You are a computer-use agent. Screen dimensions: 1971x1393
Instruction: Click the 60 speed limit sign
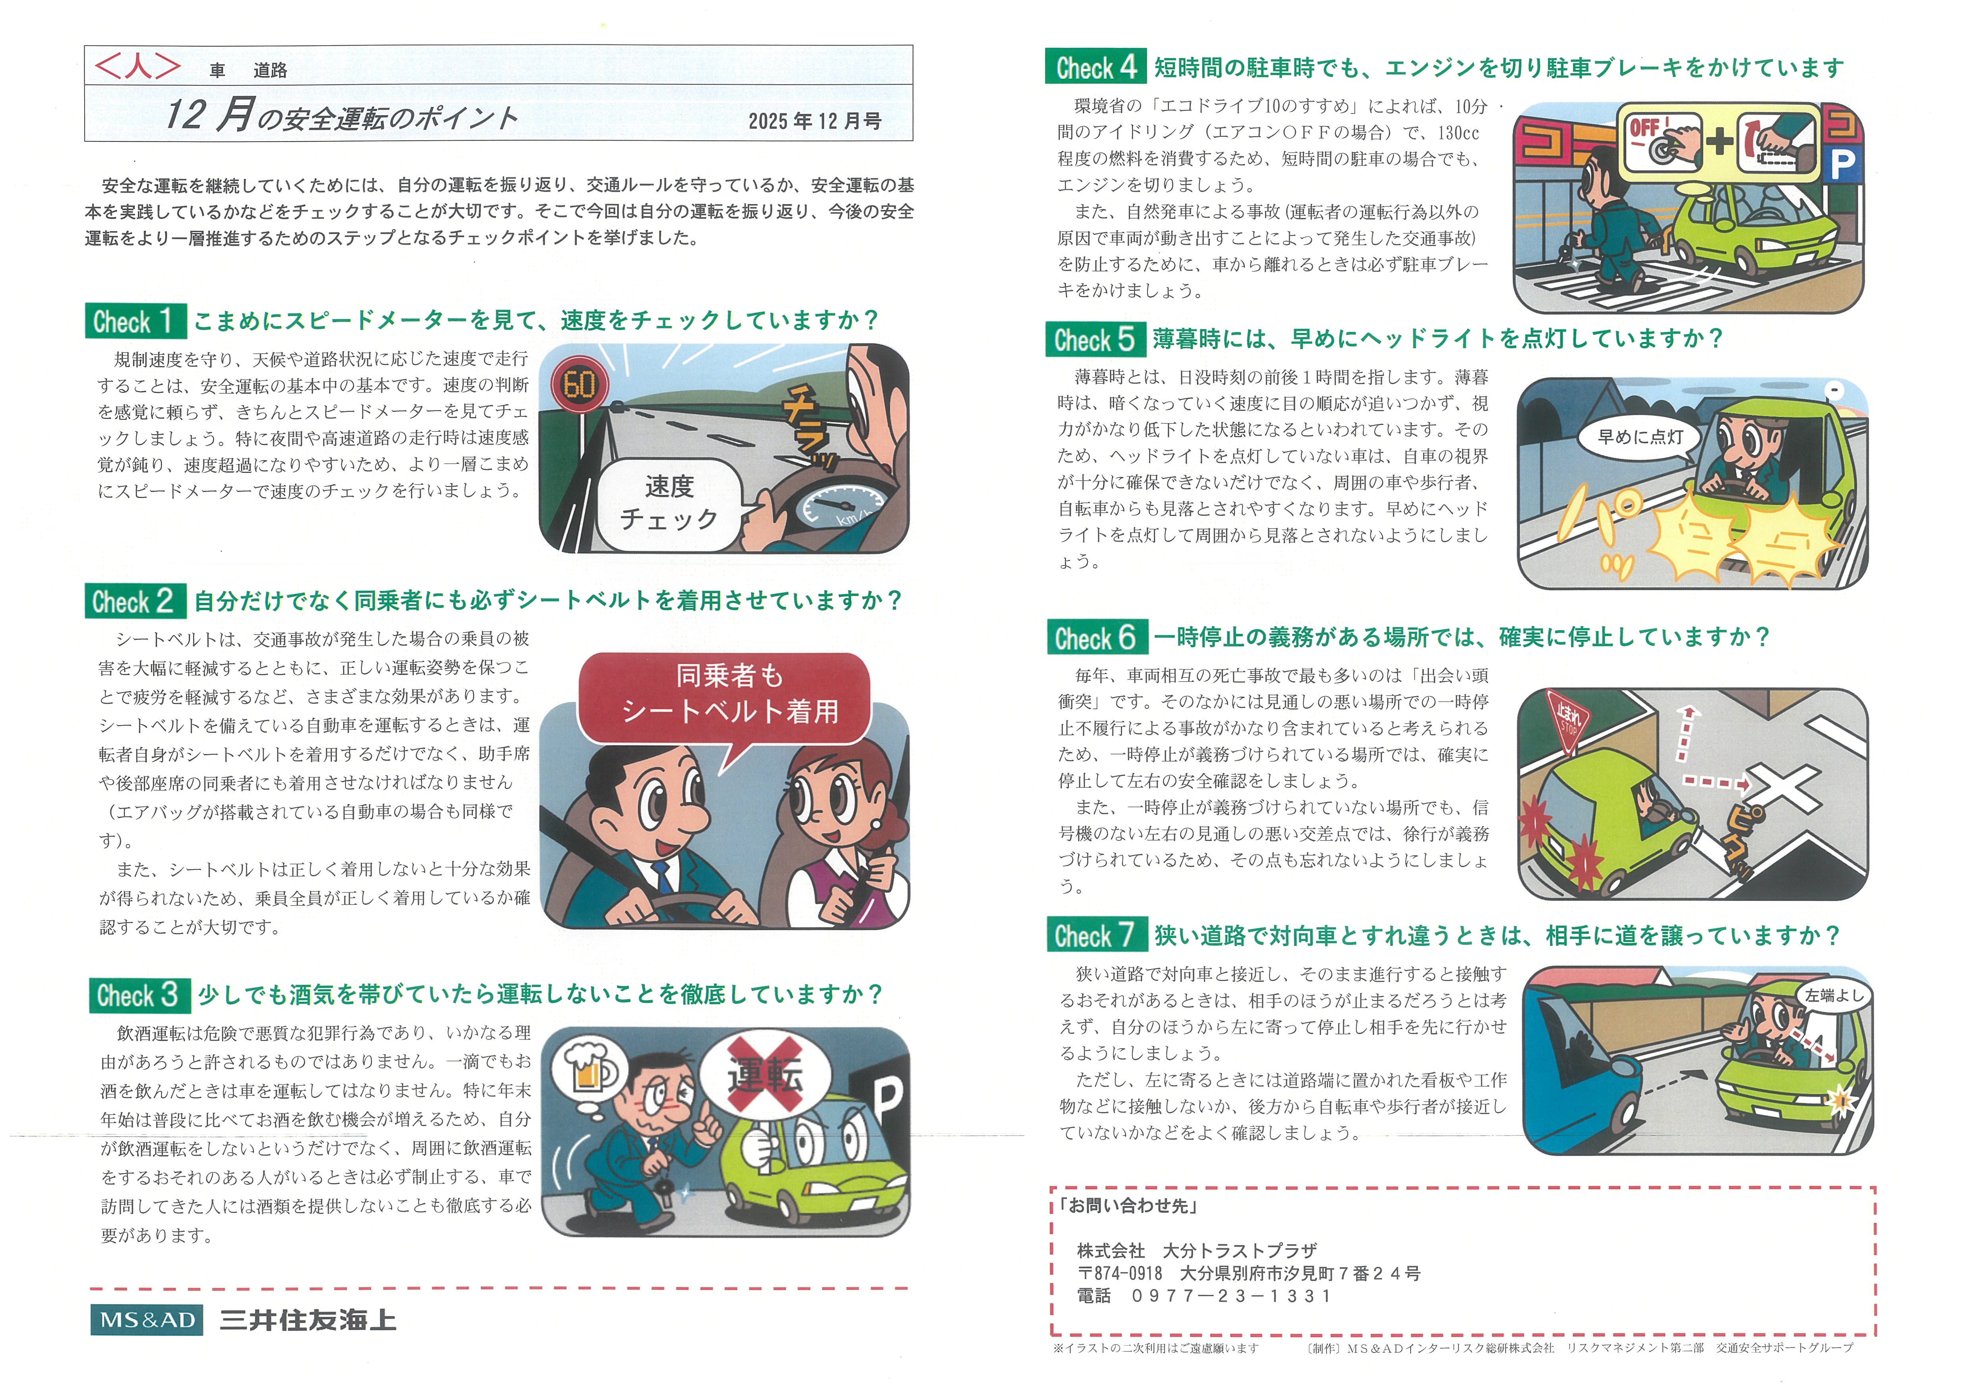[579, 385]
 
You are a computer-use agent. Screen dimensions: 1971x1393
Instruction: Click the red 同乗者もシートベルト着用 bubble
[725, 695]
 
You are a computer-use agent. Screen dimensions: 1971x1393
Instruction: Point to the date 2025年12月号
[815, 121]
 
